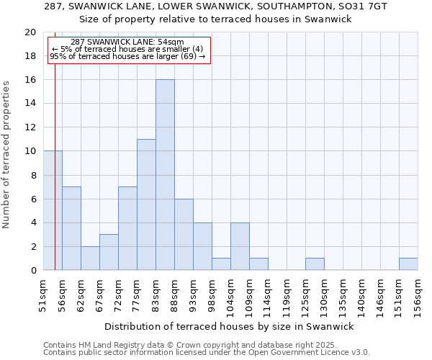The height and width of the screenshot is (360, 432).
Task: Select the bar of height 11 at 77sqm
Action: coord(146,204)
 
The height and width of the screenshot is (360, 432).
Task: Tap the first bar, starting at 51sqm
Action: coord(53,210)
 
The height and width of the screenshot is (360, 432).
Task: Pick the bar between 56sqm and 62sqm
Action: coord(71,228)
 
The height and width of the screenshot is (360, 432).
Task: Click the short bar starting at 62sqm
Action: coord(90,258)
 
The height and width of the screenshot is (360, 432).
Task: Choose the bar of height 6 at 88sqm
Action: coord(184,234)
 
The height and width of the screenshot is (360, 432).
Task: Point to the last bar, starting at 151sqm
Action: coord(408,264)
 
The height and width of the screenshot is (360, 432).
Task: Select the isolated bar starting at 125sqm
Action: coord(315,264)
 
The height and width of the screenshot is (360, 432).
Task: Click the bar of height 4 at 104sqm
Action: coord(240,246)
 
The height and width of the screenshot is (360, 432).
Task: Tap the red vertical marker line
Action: coord(55,180)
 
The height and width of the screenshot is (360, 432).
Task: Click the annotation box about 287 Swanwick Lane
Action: coord(129,50)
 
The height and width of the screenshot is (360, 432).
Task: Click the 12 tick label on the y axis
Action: coord(30,127)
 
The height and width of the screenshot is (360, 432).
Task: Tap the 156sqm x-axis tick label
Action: coord(418,294)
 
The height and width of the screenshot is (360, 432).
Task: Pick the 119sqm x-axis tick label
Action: coord(287,294)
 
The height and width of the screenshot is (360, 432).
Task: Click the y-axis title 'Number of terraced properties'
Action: coord(6,154)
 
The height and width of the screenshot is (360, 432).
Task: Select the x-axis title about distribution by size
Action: coord(229,326)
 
